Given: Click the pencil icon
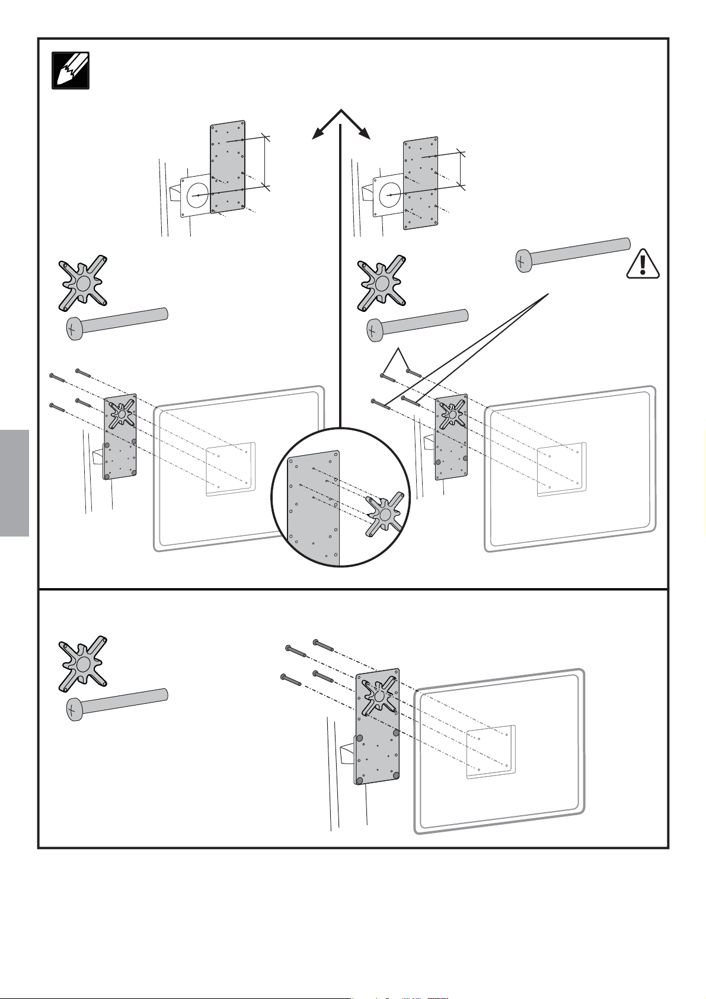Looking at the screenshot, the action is click(x=71, y=71).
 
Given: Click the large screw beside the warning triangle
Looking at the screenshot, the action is click(x=571, y=253).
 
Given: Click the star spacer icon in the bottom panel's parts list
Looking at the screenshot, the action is click(x=82, y=663).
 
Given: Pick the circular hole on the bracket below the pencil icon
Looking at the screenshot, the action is click(x=197, y=195).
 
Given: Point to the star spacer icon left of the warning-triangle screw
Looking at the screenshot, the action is click(x=381, y=283).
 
